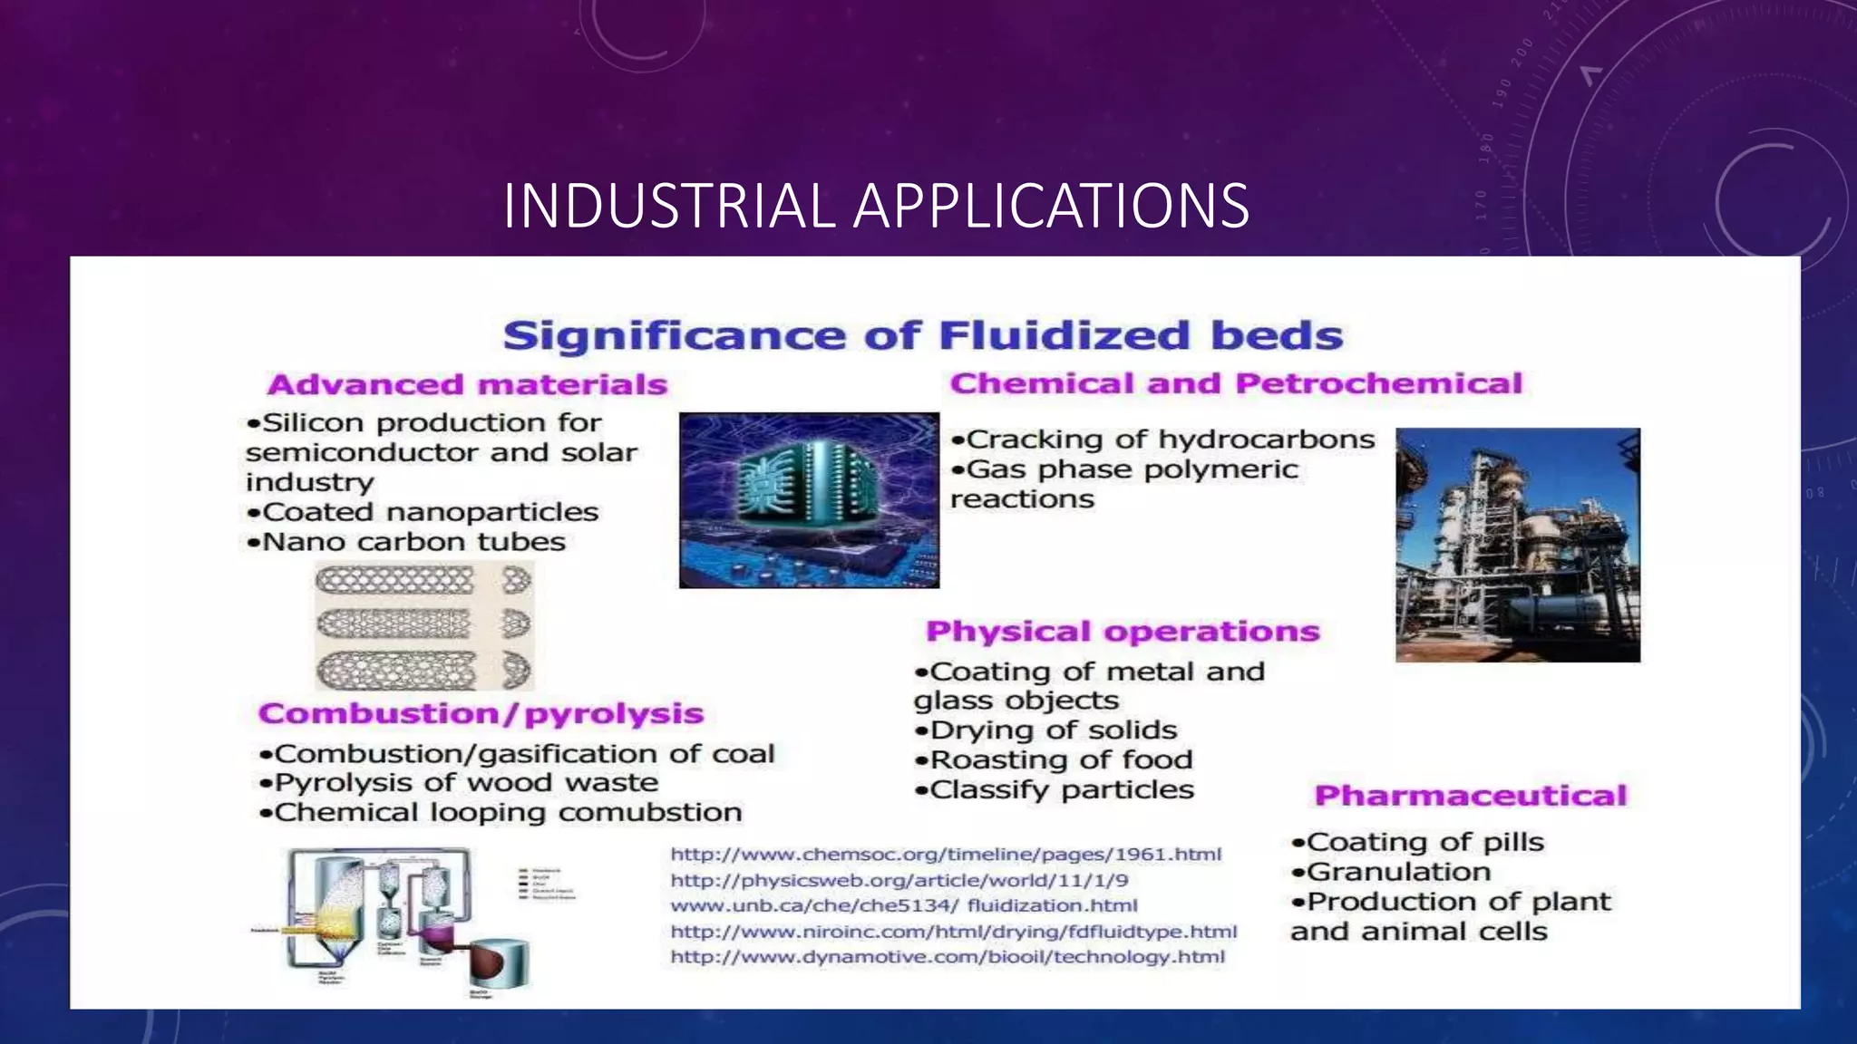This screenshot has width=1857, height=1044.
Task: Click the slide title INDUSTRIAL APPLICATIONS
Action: pos(876,206)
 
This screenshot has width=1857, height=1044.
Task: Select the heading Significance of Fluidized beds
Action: pos(922,335)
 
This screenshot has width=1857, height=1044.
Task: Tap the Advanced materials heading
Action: pos(467,384)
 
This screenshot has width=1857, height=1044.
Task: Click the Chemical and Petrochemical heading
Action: pos(1236,383)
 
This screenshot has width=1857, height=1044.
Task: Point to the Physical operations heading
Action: pos(1123,631)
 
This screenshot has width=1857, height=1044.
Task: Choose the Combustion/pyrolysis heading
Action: pos(481,713)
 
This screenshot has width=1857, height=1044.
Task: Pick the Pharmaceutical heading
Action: pos(1470,796)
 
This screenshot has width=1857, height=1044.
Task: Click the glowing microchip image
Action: pos(809,500)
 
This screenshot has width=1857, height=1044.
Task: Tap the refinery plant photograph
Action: pos(1517,545)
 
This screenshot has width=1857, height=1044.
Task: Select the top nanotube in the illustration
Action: pos(395,580)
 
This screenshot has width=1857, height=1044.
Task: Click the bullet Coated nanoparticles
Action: pos(423,512)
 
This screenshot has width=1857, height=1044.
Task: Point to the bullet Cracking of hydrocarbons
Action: pos(1163,440)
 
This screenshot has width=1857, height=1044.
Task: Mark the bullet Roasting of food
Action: pos(1054,759)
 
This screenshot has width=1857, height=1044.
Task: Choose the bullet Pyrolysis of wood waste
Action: pos(459,782)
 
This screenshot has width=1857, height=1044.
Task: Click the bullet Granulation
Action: pos(1391,872)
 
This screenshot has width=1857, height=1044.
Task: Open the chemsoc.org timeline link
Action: pos(946,855)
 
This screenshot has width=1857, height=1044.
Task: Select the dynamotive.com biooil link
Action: pos(948,957)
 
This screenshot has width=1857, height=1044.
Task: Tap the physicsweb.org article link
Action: pos(899,880)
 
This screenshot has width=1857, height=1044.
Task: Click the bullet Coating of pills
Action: pos(1417,842)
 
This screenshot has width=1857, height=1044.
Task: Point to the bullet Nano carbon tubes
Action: pos(406,542)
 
